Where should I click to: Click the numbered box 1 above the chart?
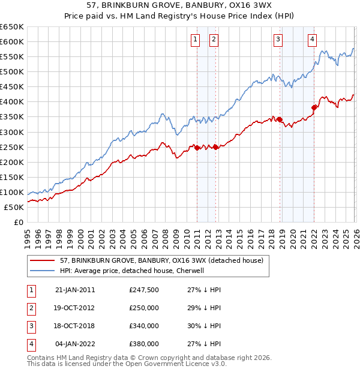point(196,40)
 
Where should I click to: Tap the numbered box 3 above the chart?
point(278,40)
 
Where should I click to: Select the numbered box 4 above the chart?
point(313,40)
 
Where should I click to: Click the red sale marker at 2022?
point(314,108)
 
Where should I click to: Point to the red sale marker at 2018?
point(280,120)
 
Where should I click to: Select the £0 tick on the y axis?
point(19,223)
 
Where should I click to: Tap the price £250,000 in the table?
point(144,308)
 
